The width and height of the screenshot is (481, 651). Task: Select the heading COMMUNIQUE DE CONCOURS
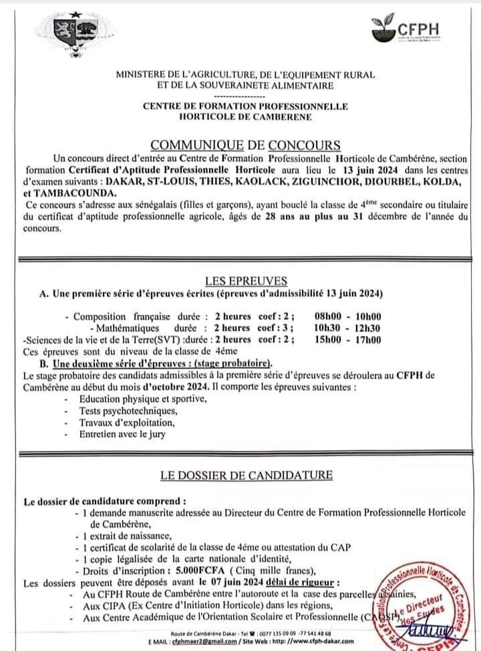[245, 145]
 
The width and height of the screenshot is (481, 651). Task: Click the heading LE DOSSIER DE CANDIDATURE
[246, 475]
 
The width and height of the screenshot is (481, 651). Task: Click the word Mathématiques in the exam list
[128, 328]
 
